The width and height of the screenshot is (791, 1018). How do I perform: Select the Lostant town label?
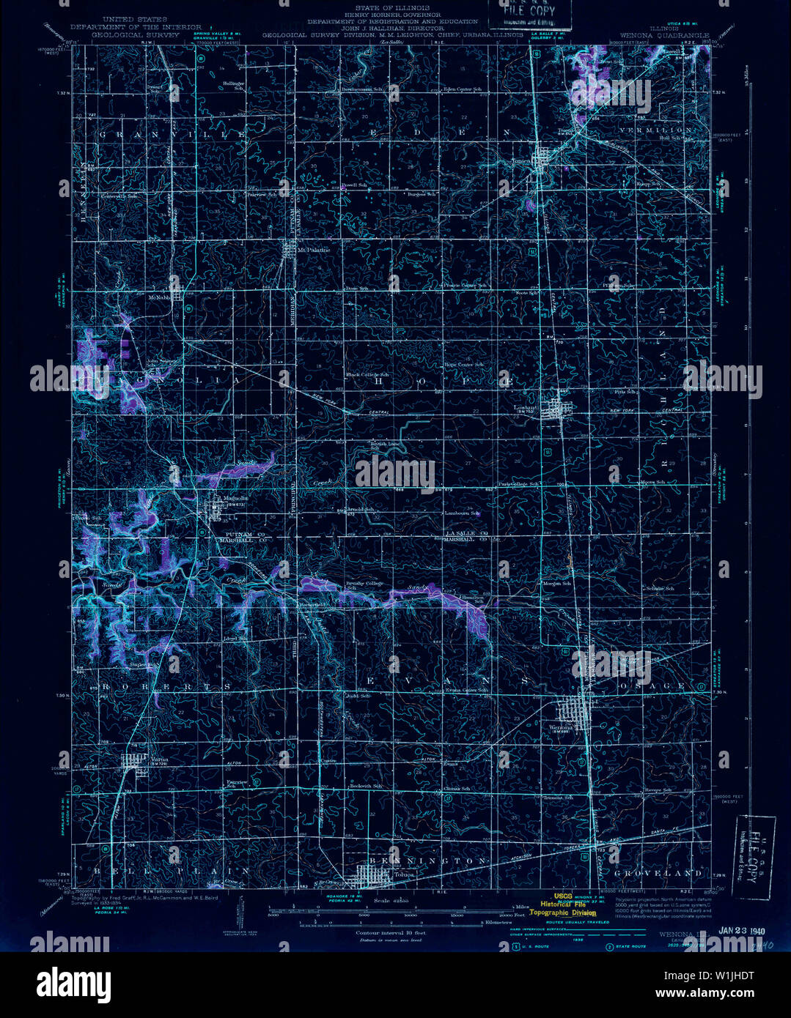tap(526, 407)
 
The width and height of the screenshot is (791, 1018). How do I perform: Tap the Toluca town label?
tap(404, 874)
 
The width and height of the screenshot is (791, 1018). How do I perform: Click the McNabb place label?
tap(159, 297)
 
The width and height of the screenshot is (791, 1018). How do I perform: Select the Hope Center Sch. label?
tap(463, 364)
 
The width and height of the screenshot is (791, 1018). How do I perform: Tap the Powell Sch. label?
tap(353, 185)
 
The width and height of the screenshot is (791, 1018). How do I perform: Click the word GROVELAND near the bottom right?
tap(648, 873)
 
